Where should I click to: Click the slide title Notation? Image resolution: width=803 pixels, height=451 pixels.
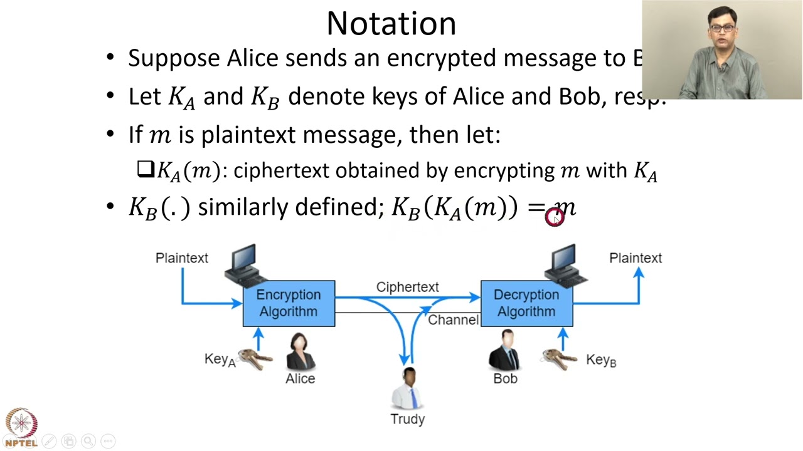[391, 24]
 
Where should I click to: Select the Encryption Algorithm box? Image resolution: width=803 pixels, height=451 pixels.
[289, 304]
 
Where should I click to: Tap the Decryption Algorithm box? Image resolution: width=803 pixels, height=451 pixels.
[526, 304]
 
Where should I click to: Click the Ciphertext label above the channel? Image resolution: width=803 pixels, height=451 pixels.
[407, 287]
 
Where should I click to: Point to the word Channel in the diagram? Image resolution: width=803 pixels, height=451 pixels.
[453, 320]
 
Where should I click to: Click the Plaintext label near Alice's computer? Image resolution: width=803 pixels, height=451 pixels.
[181, 258]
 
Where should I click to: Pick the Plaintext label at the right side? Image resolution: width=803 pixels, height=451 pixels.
[635, 258]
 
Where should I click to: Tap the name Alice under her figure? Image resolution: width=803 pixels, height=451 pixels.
[300, 379]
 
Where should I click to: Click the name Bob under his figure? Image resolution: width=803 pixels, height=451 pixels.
[505, 379]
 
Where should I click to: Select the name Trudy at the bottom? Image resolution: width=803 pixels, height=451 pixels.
[408, 419]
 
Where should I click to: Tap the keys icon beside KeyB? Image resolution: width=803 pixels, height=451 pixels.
[560, 359]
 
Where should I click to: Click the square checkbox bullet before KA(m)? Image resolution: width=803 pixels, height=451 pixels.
[145, 169]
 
